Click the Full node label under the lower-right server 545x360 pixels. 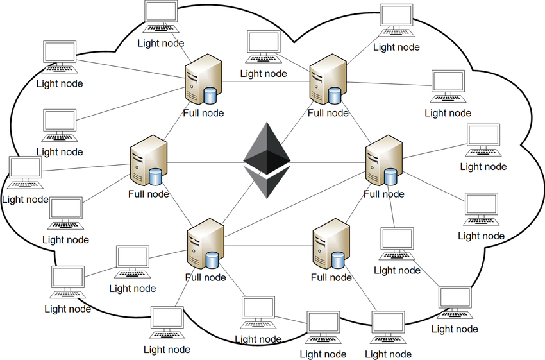331,277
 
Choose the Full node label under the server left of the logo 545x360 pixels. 149,194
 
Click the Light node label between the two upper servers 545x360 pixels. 264,73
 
